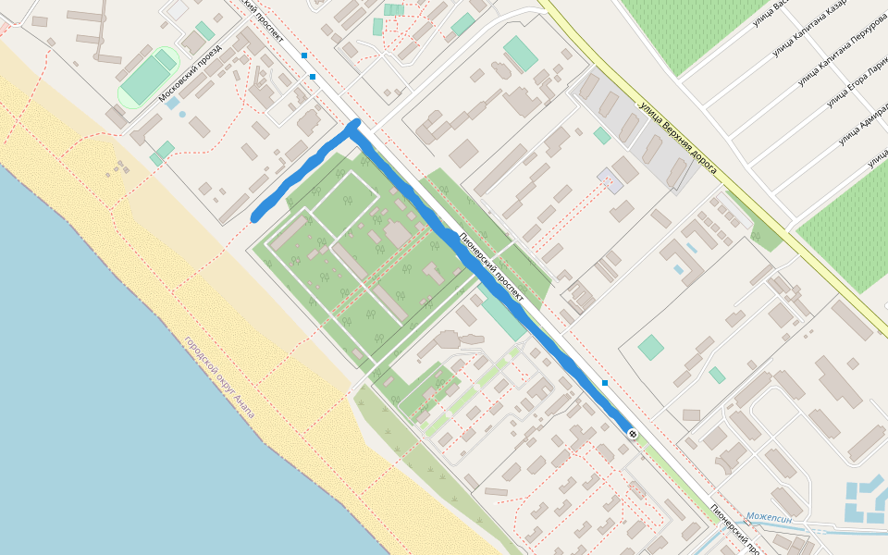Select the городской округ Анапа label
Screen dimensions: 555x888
pyautogui.click(x=218, y=377)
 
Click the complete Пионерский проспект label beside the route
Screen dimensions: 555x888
pyautogui.click(x=492, y=268)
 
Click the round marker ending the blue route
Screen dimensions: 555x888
pyautogui.click(x=632, y=433)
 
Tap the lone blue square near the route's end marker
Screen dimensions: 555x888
pyautogui.click(x=605, y=382)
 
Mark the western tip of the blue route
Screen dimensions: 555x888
pyautogui.click(x=255, y=218)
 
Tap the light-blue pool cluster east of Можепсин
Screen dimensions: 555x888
pyautogui.click(x=866, y=499)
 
